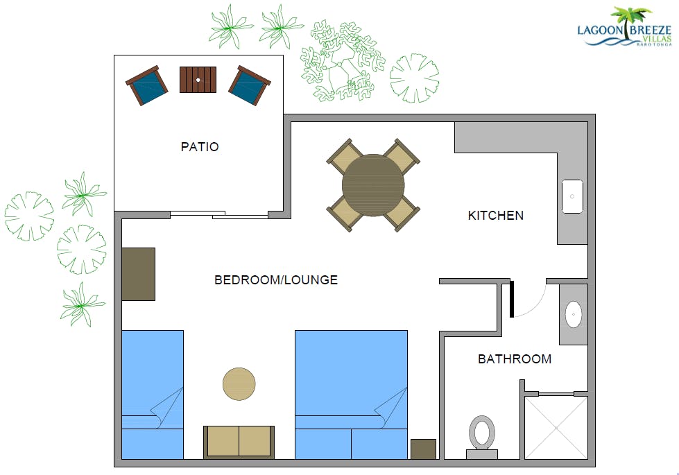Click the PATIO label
coord(200,147)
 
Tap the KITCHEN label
coord(496,216)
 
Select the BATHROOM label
coord(515,359)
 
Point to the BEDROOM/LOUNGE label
coord(276,279)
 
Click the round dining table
coord(373,185)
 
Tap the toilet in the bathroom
coord(482,436)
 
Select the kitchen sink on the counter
coord(572,196)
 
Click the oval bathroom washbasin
coord(574,314)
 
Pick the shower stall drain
coord(556,428)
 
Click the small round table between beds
coord(239,384)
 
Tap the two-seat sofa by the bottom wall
coord(239,442)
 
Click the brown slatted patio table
coord(198,80)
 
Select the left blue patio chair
coord(147,85)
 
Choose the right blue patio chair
coord(250,85)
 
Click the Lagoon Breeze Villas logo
coord(624,27)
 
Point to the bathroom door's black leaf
coord(511,299)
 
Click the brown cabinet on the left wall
coord(138,274)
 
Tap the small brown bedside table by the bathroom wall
coord(423,449)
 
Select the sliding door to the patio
coord(219,214)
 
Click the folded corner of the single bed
coord(166,408)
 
